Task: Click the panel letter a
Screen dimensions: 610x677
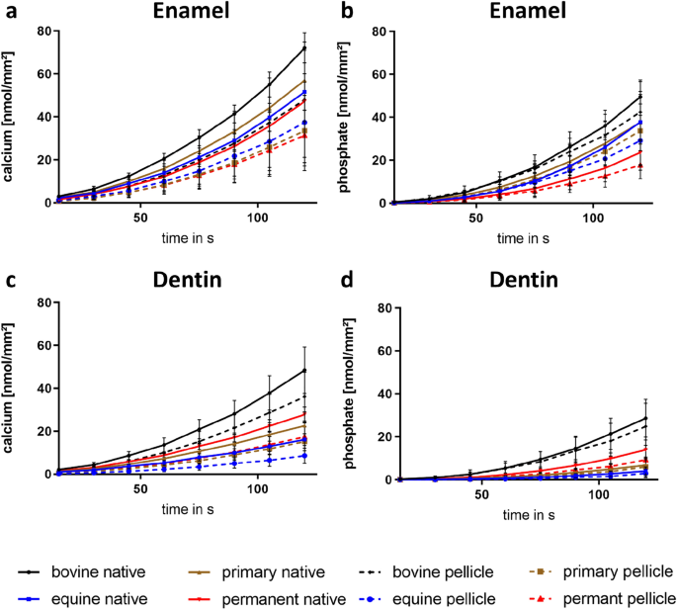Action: click(8, 12)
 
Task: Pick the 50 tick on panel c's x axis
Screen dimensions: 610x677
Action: click(140, 487)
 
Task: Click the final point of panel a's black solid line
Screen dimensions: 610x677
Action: click(303, 47)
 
